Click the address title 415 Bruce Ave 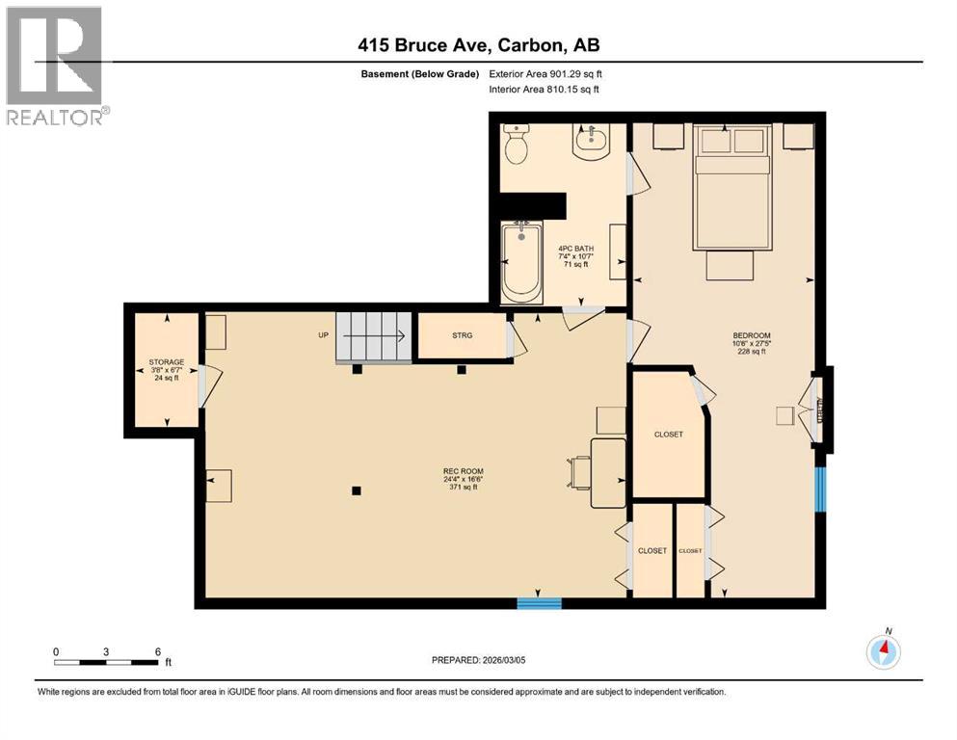pos(478,45)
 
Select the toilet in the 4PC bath pos(518,145)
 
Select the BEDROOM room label pos(751,336)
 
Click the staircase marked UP pos(373,336)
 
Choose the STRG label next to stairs pos(462,336)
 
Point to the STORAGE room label pos(166,363)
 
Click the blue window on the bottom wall pos(539,603)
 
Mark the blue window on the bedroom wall pos(820,489)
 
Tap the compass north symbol pos(883,652)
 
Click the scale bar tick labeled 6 pos(157,651)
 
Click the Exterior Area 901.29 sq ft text pos(549,73)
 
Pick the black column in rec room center pos(357,490)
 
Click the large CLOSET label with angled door pos(668,435)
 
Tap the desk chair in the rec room pos(580,471)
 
